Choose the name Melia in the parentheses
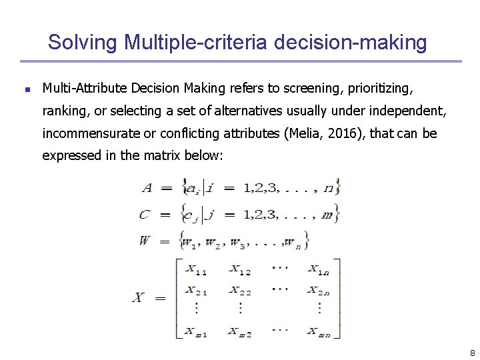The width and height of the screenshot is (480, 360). pyautogui.click(x=306, y=133)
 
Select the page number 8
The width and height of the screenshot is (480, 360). pyautogui.click(x=472, y=353)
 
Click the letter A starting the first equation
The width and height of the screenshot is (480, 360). pyautogui.click(x=147, y=188)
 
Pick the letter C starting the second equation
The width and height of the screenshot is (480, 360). pyautogui.click(x=145, y=215)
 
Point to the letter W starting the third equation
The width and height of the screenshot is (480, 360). pyautogui.click(x=145, y=241)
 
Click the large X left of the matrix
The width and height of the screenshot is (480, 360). pyautogui.click(x=139, y=297)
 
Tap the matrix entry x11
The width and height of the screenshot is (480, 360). pyautogui.click(x=196, y=270)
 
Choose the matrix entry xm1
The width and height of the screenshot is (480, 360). pyautogui.click(x=196, y=331)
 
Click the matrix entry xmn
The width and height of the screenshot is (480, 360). pyautogui.click(x=319, y=331)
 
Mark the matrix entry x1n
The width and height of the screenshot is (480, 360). pyautogui.click(x=319, y=270)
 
